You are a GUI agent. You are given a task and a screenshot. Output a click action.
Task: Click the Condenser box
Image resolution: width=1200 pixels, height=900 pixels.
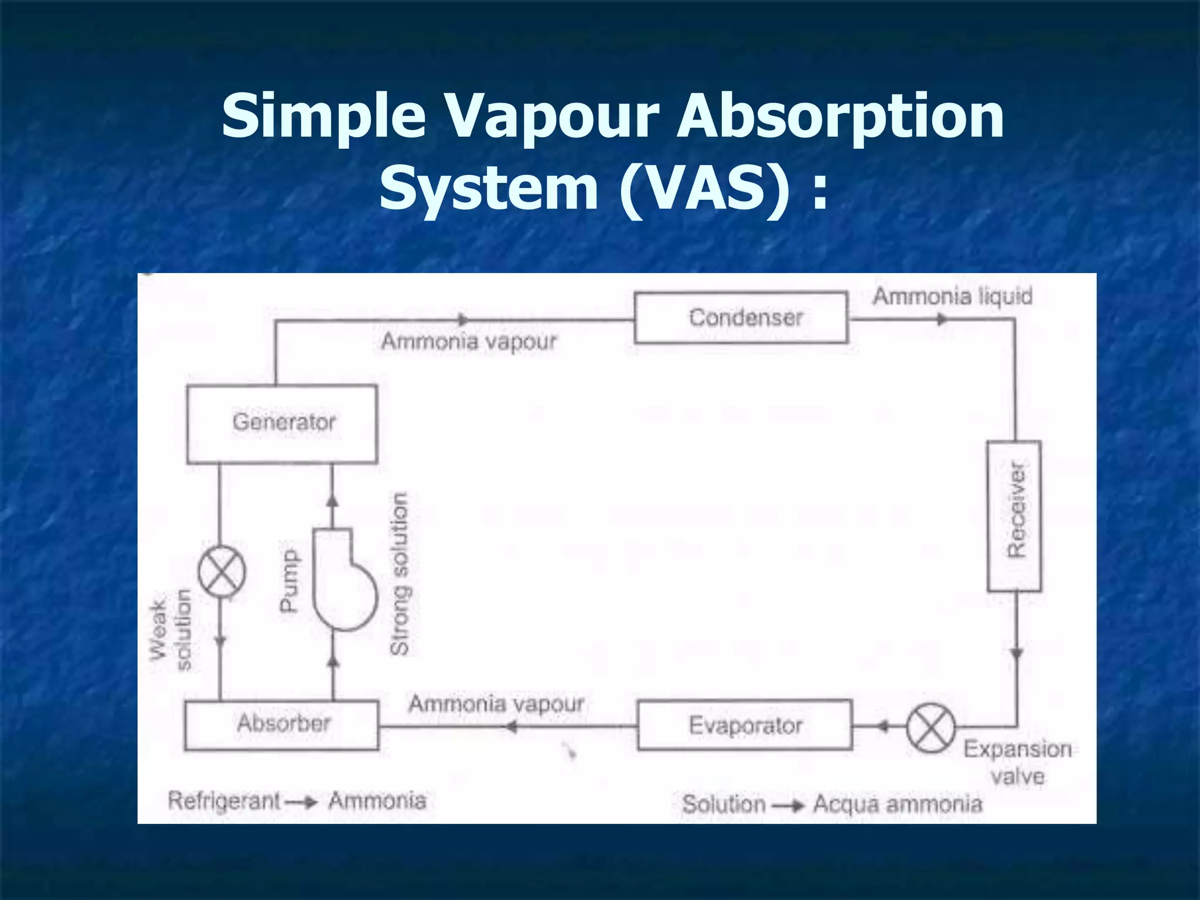(741, 318)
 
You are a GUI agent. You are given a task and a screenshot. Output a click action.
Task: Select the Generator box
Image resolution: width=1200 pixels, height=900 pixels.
(282, 424)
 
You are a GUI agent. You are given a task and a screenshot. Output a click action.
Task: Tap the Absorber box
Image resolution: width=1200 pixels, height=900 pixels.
(282, 725)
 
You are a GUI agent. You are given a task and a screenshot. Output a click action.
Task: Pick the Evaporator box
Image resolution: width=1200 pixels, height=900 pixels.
(745, 725)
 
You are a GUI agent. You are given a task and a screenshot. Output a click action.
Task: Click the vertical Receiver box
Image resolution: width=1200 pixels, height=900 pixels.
(1014, 516)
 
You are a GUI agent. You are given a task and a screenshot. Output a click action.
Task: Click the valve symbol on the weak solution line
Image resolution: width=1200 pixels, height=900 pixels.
(221, 571)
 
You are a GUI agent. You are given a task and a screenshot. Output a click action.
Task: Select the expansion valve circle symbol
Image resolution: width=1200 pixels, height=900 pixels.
(930, 728)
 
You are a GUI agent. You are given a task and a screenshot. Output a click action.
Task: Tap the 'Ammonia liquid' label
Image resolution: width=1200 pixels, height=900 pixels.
(953, 296)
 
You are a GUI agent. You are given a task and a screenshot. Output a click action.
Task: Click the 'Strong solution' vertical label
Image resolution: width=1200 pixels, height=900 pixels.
(400, 573)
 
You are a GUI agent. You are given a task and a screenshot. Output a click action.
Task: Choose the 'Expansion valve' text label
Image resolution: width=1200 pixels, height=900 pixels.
(1018, 762)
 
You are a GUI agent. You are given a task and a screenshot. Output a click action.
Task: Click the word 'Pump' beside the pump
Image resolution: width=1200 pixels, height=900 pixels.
(288, 580)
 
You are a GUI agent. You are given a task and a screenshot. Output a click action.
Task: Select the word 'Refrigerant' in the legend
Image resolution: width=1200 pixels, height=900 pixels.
(224, 800)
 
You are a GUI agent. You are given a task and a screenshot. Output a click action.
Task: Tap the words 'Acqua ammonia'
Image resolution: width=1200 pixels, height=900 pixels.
(898, 804)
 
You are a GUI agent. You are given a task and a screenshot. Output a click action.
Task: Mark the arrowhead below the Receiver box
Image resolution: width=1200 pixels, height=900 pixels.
(1017, 654)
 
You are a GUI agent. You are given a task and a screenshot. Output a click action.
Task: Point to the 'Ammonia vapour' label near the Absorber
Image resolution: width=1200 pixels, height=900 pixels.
(496, 704)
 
